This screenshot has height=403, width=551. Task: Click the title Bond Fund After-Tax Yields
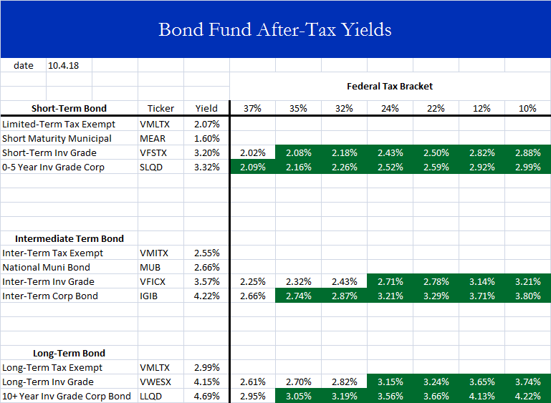coord(275,29)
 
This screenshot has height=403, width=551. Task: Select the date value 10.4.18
coord(62,65)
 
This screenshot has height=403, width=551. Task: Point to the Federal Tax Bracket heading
coord(390,86)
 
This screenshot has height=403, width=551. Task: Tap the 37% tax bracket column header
coord(252,108)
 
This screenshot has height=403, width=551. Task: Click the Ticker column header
coord(160,108)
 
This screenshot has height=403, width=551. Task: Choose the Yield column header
coord(206,108)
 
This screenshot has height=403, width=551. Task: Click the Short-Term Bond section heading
coord(69,108)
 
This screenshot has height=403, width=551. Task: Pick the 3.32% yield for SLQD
coord(207,167)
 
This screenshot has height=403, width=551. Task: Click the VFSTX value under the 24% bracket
coord(390,152)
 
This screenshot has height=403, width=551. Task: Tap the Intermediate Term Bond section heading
coord(69,238)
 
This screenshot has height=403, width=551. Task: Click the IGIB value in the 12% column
coord(481,296)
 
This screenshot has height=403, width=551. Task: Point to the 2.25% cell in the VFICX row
coord(252,281)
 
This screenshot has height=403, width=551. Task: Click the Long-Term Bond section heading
coord(69,353)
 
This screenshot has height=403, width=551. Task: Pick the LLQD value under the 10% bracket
coord(527,396)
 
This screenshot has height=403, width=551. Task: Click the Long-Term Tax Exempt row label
coord(52,367)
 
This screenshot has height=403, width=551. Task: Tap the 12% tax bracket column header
coord(481,108)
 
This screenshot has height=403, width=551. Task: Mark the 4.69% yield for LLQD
coord(207,396)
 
